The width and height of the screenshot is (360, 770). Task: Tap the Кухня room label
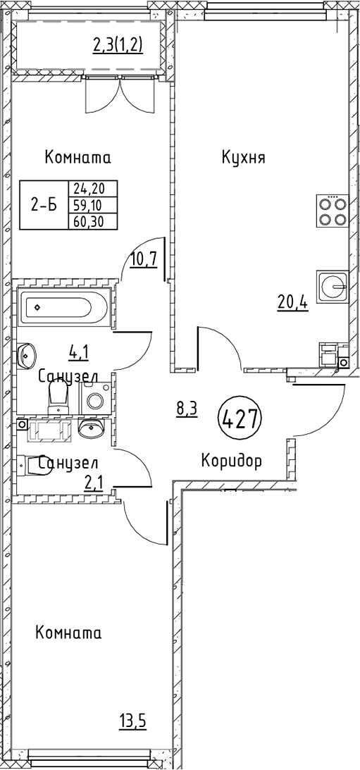pyautogui.click(x=244, y=158)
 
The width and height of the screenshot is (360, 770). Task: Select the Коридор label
pyautogui.click(x=231, y=461)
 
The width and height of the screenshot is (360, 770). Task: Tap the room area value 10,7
pyautogui.click(x=144, y=259)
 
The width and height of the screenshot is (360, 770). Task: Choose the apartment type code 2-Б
pyautogui.click(x=44, y=205)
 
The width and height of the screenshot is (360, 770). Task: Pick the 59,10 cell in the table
pyautogui.click(x=93, y=204)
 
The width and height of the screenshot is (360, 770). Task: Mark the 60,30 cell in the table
pyautogui.click(x=93, y=221)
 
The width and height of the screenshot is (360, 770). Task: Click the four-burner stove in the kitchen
pyautogui.click(x=333, y=210)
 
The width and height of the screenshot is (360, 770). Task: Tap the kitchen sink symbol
pyautogui.click(x=333, y=286)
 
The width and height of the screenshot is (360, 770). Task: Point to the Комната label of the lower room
pyautogui.click(x=68, y=633)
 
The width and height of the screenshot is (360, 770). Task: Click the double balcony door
pyautogui.click(x=119, y=95)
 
